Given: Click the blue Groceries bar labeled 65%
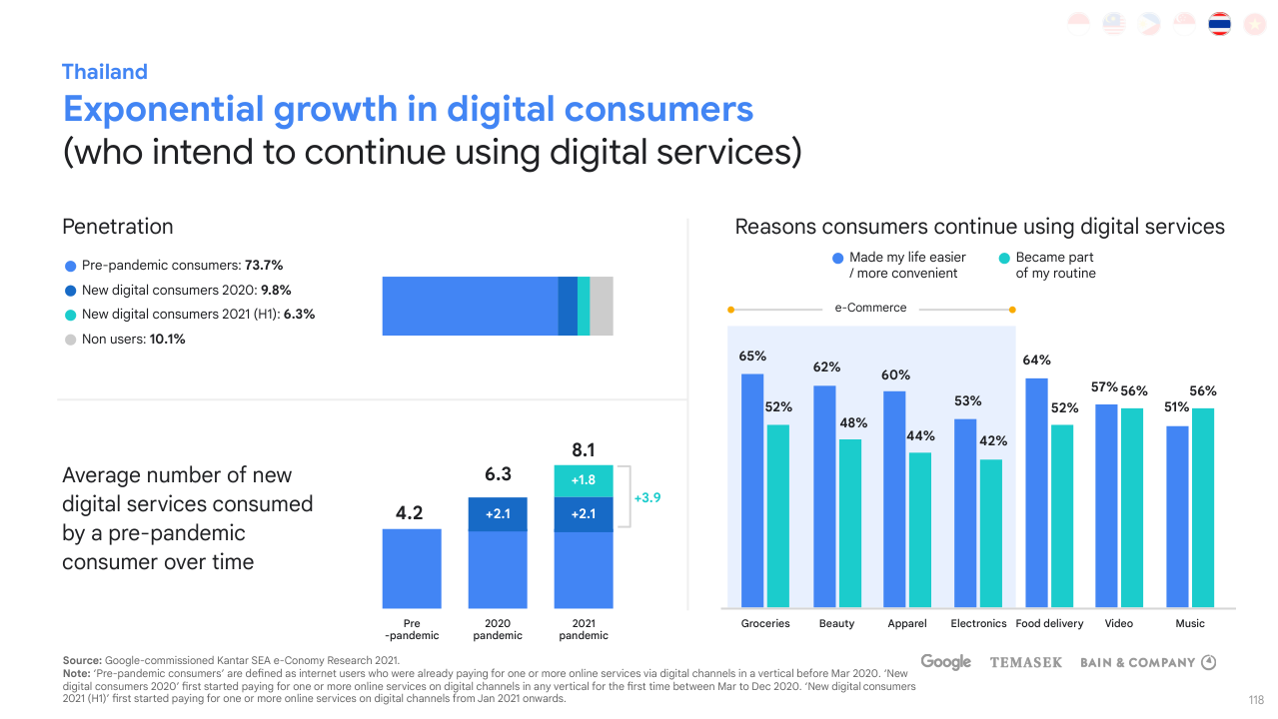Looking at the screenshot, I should (752, 489).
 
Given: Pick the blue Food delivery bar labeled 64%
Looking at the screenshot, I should (1036, 491).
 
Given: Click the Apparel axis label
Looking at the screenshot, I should (906, 623).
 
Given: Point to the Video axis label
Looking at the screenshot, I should (1119, 623).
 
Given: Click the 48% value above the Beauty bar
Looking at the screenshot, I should (853, 423).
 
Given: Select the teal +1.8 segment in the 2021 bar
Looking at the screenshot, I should (584, 480).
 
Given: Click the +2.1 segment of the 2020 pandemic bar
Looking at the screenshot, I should (498, 514).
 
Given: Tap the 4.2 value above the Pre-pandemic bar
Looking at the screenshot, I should (410, 513).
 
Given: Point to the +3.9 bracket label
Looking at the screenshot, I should (647, 497).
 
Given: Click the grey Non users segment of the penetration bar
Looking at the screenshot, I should (601, 306).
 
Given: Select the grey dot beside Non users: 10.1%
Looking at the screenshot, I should (70, 340).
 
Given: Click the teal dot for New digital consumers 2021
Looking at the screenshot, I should (70, 315).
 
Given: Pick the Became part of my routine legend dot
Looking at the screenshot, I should (1004, 259).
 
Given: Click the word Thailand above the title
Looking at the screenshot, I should (104, 72).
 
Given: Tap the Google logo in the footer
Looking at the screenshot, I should (945, 662).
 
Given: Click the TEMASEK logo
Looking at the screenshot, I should (1025, 662).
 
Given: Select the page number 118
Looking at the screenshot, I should (1256, 700).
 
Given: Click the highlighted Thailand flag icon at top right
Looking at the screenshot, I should (1219, 24).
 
